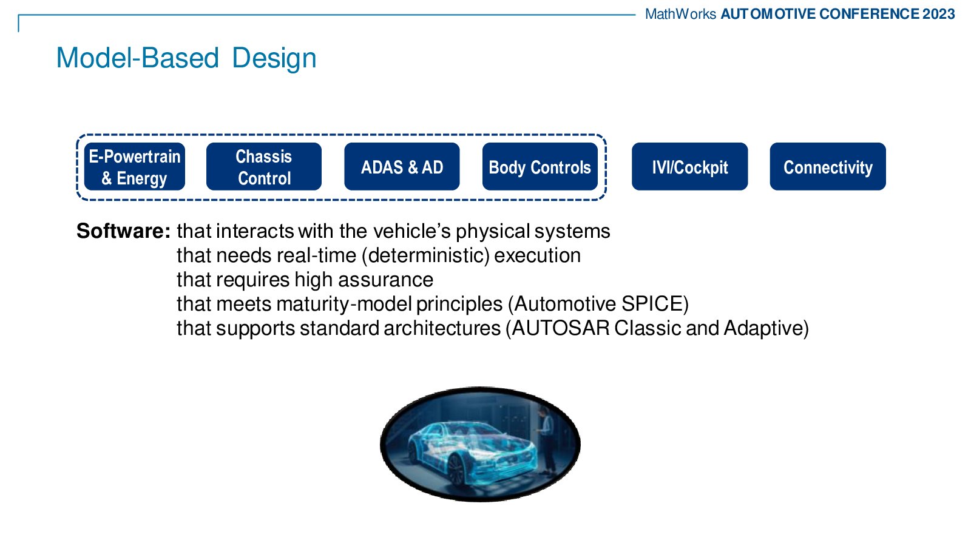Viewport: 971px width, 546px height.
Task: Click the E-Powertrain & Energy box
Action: [135, 167]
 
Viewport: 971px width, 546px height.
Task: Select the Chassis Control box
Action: [264, 167]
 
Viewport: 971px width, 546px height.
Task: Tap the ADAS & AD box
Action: [402, 167]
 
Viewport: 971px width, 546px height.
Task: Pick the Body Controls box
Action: [540, 167]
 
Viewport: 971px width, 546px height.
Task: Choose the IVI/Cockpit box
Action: [689, 167]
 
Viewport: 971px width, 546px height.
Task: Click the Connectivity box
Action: [828, 167]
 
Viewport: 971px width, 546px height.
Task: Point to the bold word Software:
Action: [124, 231]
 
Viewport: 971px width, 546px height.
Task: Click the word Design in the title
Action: [274, 58]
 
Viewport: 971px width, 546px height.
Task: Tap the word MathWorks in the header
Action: [680, 15]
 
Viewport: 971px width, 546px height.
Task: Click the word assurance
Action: [386, 280]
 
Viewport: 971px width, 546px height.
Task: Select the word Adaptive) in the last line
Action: [766, 328]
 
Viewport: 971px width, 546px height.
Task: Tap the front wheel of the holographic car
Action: [456, 470]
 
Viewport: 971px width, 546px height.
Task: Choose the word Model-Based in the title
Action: [137, 58]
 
